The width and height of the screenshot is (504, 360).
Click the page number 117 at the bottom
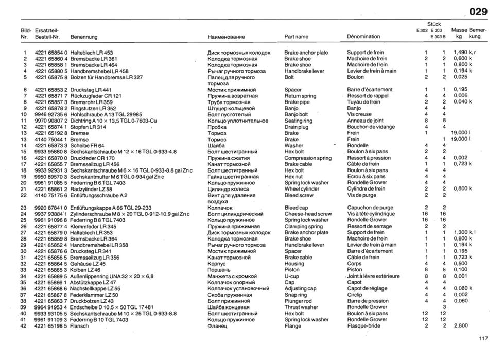pyautogui.click(x=482, y=338)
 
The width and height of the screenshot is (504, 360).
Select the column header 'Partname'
pyautogui.click(x=297, y=37)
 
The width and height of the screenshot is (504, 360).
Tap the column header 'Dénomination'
pyautogui.click(x=363, y=37)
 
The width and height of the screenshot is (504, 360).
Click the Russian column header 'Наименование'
pyautogui.click(x=227, y=37)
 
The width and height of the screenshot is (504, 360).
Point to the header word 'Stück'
pyautogui.click(x=434, y=24)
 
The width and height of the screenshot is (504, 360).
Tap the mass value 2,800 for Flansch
pyautogui.click(x=461, y=326)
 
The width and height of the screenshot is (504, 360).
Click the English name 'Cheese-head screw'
pyautogui.click(x=308, y=214)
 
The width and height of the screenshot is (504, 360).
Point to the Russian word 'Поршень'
pyautogui.click(x=219, y=270)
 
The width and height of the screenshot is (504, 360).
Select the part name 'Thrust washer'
pyautogui.click(x=301, y=307)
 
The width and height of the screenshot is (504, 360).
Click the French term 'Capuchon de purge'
pyautogui.click(x=370, y=208)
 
